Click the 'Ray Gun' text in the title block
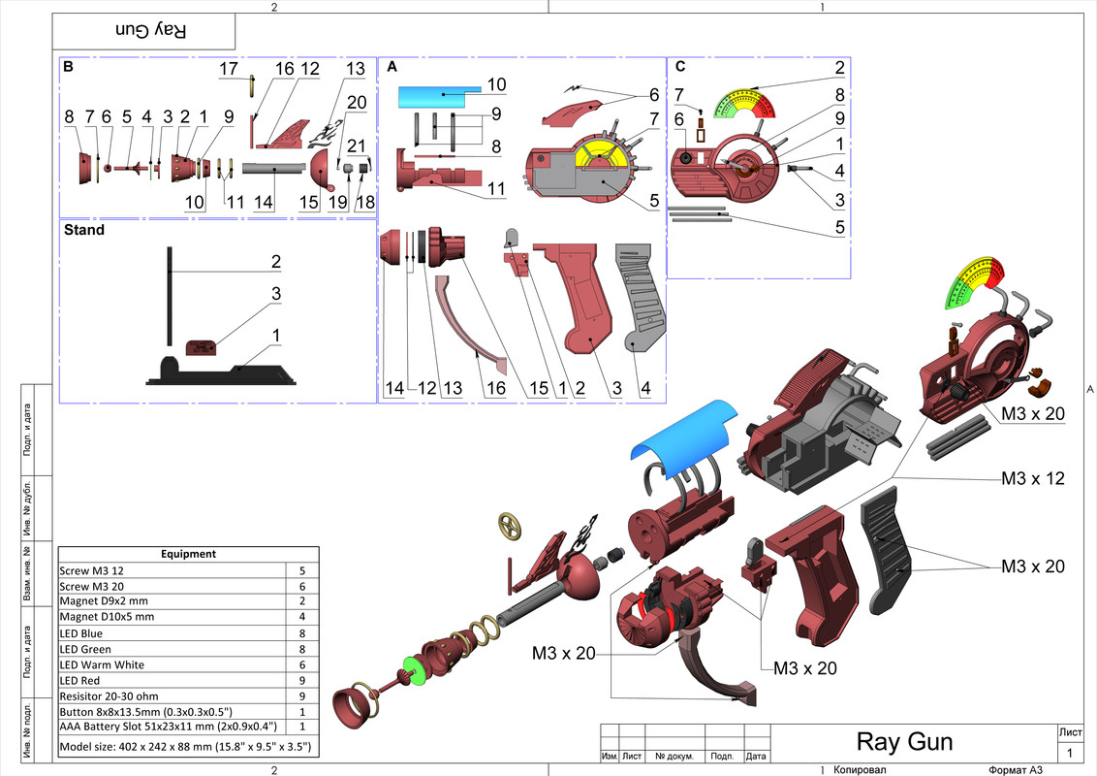904,743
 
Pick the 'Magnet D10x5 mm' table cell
107,617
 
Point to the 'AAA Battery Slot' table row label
169,726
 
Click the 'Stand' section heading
83,232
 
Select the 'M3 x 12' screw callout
1033,479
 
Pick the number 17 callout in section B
228,70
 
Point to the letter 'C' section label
680,67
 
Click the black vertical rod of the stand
171,296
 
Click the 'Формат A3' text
1015,769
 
